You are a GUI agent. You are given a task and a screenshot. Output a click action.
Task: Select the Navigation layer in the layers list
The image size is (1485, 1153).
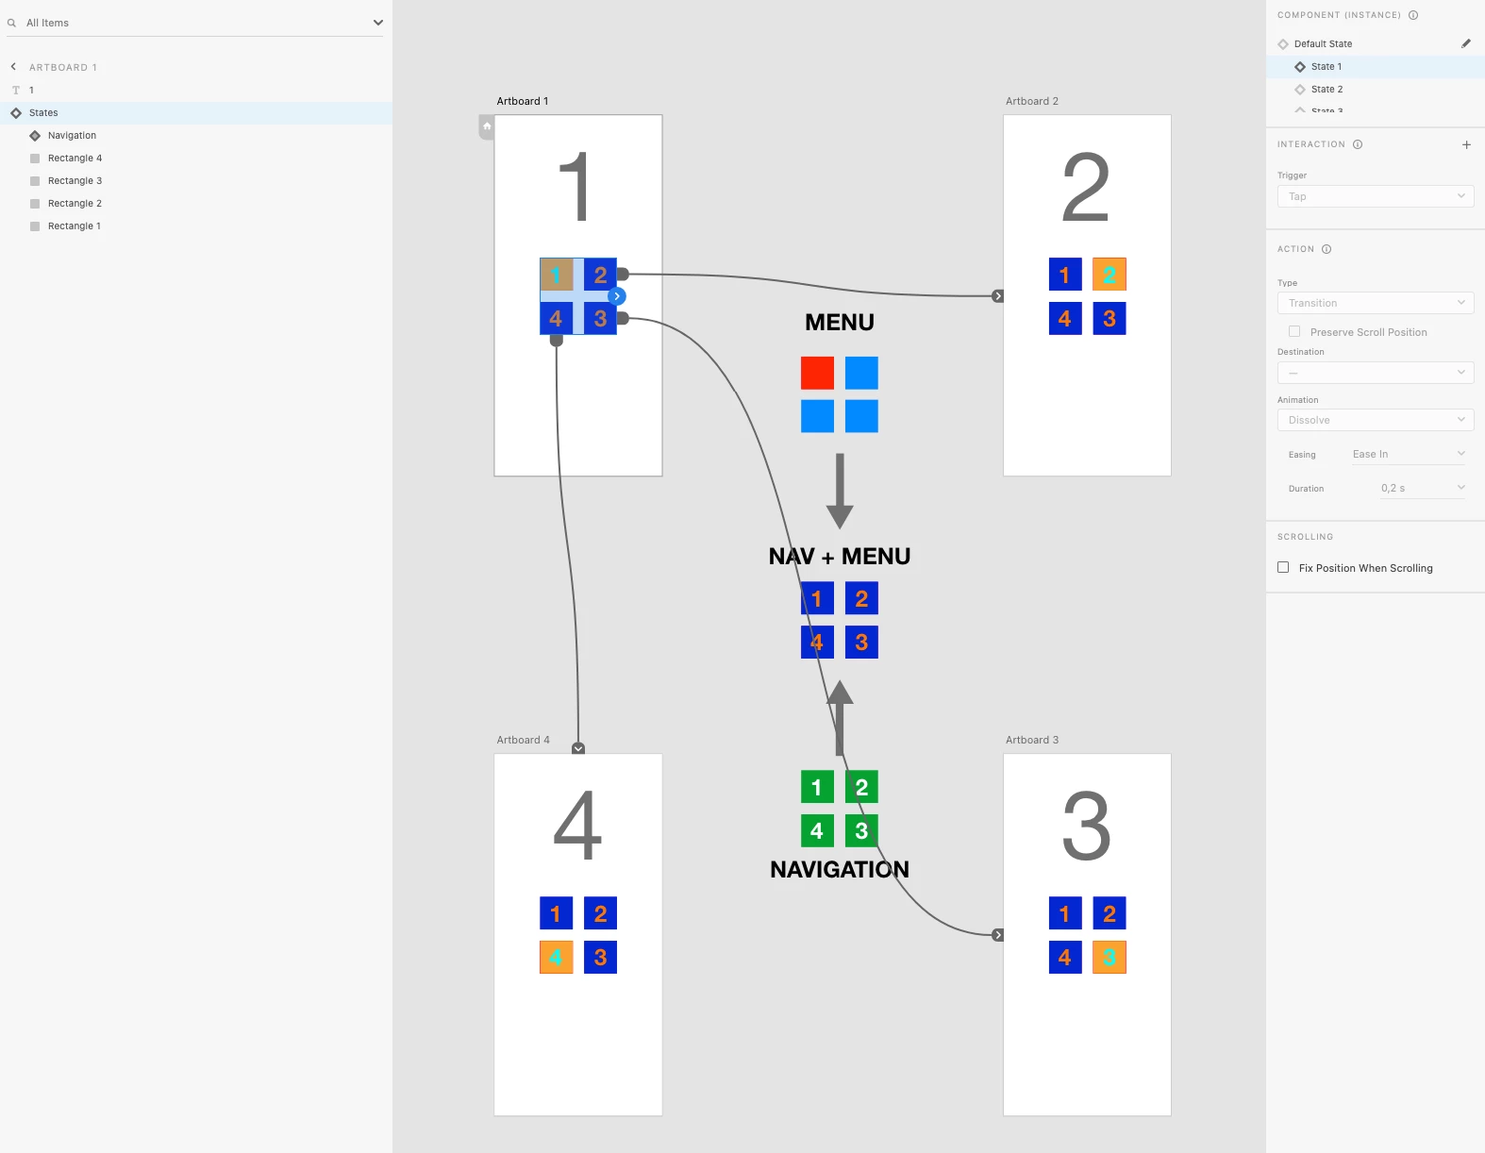click(72, 136)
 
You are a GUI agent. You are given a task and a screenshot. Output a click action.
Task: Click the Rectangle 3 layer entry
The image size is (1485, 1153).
click(75, 181)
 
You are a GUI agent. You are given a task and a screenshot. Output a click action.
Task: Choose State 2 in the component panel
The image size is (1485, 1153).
click(1326, 90)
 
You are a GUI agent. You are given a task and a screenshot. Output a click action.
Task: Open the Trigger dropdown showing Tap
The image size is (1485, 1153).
click(1375, 196)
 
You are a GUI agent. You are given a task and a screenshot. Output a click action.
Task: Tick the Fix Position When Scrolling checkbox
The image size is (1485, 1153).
click(1283, 567)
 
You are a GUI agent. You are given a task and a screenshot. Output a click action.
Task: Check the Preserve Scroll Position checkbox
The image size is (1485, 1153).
click(1294, 331)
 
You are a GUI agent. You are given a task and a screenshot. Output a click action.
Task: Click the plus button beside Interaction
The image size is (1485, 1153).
click(1466, 144)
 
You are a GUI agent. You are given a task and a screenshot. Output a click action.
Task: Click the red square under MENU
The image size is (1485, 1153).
click(817, 373)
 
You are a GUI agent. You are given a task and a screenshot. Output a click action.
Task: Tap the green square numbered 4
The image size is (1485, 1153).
click(817, 830)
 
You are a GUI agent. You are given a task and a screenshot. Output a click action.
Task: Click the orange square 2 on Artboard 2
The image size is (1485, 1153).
click(1110, 275)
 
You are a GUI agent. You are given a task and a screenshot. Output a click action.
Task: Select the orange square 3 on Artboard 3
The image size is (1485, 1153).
click(1110, 958)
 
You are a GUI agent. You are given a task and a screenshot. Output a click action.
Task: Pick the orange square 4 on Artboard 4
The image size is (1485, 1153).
click(556, 958)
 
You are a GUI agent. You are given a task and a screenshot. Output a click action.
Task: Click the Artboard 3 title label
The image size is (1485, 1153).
click(1031, 740)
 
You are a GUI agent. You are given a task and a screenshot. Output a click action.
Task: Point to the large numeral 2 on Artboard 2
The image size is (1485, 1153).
click(1086, 187)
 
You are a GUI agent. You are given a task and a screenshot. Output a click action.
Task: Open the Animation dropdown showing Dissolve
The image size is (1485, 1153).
click(1375, 420)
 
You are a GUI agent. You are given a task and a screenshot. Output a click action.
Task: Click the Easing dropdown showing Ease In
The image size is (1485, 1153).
click(1408, 454)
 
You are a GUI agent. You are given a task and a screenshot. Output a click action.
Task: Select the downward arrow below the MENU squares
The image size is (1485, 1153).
click(840, 491)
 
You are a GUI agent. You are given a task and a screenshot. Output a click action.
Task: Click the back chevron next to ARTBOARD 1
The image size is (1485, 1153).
click(13, 67)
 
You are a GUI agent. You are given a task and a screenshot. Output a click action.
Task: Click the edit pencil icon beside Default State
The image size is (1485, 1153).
click(1466, 43)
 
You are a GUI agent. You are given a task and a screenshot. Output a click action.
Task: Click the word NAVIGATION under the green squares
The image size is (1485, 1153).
click(839, 869)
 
